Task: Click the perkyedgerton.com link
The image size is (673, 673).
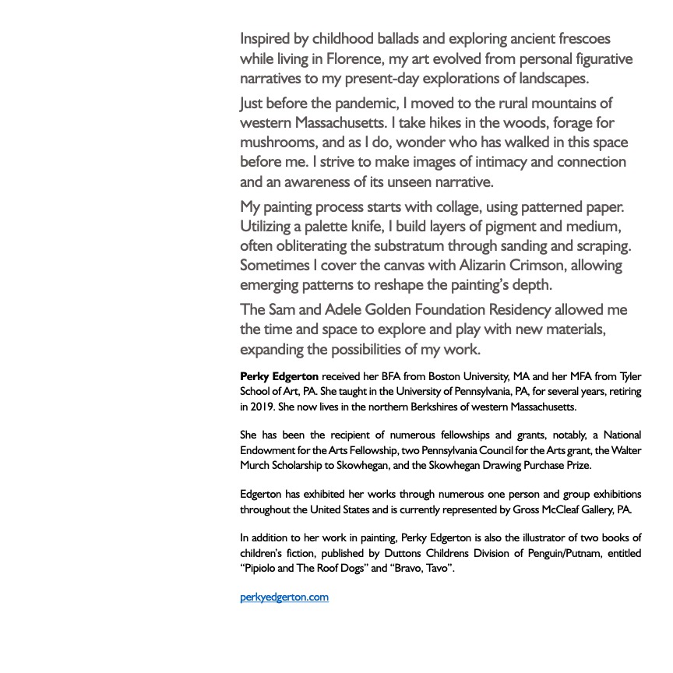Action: pyautogui.click(x=284, y=597)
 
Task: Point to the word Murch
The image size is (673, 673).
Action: pyautogui.click(x=255, y=465)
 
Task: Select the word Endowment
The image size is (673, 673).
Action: pyautogui.click(x=270, y=450)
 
